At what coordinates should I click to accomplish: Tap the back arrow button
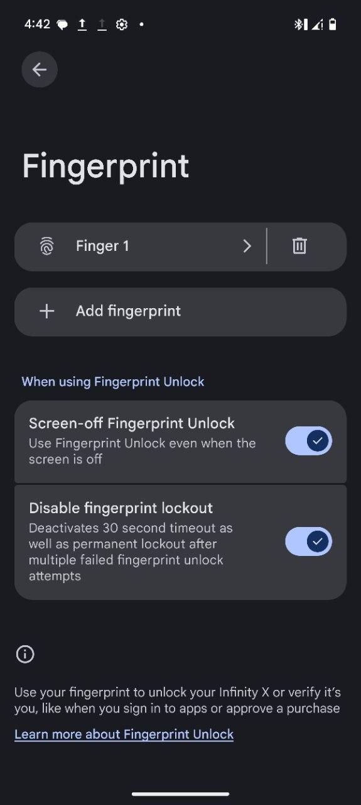(x=40, y=69)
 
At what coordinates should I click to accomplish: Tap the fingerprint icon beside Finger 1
(x=46, y=246)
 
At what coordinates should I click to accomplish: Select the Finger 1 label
(x=102, y=246)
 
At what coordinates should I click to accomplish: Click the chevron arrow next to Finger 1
(x=247, y=246)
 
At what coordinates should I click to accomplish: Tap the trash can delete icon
(x=299, y=246)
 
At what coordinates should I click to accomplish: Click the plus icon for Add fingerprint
(x=46, y=311)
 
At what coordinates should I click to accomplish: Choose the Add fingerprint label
(x=128, y=311)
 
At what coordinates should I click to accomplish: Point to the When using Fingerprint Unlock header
(x=112, y=382)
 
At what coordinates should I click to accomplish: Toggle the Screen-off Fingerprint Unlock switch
(x=309, y=441)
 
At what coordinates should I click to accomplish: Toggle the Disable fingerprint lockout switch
(x=309, y=541)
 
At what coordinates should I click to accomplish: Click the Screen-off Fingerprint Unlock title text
(x=132, y=424)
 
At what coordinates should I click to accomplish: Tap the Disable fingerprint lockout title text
(x=121, y=508)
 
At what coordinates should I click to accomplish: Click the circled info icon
(x=25, y=653)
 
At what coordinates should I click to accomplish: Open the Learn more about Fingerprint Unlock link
(x=124, y=734)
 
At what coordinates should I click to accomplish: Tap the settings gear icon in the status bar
(x=122, y=25)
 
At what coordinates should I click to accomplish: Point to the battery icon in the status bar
(x=333, y=25)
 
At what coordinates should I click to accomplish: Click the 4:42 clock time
(x=37, y=25)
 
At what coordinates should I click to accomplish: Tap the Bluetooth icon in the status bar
(x=298, y=25)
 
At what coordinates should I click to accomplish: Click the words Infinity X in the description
(x=244, y=692)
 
